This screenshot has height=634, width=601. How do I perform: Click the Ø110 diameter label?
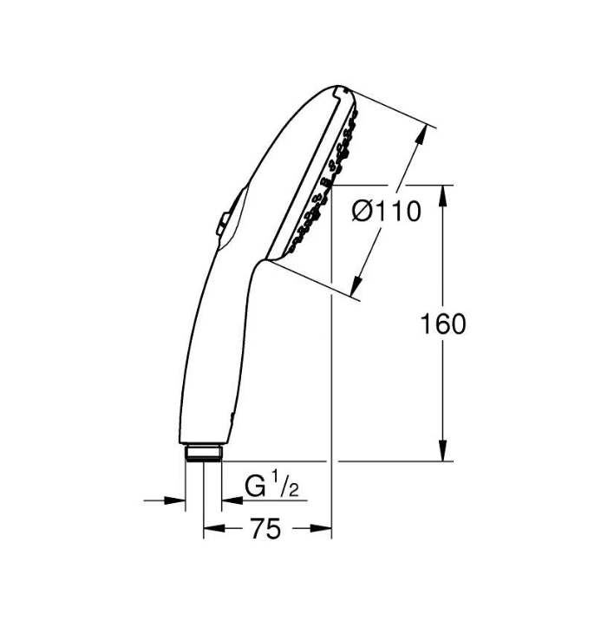[386, 211]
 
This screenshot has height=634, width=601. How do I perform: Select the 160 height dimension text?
[443, 324]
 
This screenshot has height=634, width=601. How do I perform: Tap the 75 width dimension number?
[265, 528]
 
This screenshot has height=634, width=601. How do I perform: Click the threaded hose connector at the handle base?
[204, 453]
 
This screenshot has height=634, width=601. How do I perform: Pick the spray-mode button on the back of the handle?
[222, 224]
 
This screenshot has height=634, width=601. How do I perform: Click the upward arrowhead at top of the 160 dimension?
[443, 196]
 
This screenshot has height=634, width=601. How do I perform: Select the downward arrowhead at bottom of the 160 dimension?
[443, 450]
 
